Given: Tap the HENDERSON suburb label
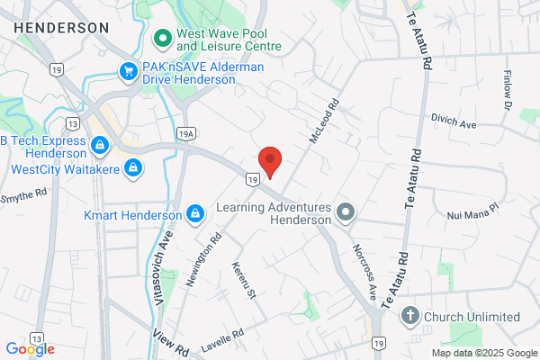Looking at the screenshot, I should tap(62, 28).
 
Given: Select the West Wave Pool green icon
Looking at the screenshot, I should tap(163, 38).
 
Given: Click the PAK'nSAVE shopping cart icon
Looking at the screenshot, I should tap(130, 70).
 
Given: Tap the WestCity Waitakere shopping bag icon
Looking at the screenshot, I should tap(133, 166).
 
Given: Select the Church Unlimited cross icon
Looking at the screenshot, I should tap(410, 316).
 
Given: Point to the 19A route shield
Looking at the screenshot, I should tap(186, 134).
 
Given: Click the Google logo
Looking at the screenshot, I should tap(30, 349).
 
